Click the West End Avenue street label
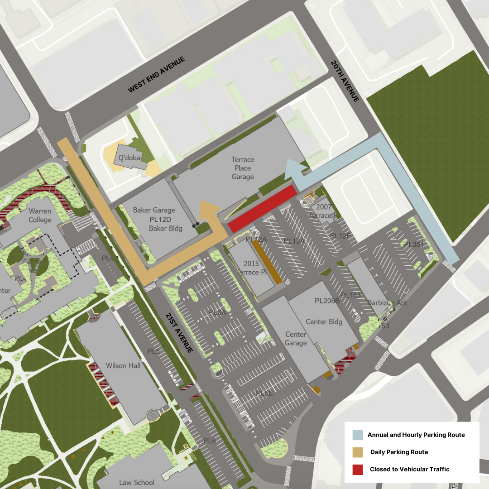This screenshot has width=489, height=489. (x=157, y=75)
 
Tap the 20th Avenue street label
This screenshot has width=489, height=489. (x=345, y=81)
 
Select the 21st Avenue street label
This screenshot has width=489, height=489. (x=179, y=332)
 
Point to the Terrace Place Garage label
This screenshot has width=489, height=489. (x=243, y=168)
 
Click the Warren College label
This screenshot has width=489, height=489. (x=40, y=216)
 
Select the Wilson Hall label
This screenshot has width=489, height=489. (x=123, y=365)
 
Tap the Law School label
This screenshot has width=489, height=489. (x=136, y=482)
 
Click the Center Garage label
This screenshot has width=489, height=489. (x=296, y=339)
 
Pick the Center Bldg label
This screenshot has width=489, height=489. (x=324, y=322)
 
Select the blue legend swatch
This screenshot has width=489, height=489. (x=357, y=435)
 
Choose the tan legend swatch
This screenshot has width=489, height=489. (x=357, y=452)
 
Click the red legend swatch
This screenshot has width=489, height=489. (x=357, y=469)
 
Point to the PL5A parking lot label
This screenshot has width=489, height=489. (x=217, y=312)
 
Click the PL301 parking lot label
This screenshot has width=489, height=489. (x=413, y=244)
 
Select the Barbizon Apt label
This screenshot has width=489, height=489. (x=387, y=302)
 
